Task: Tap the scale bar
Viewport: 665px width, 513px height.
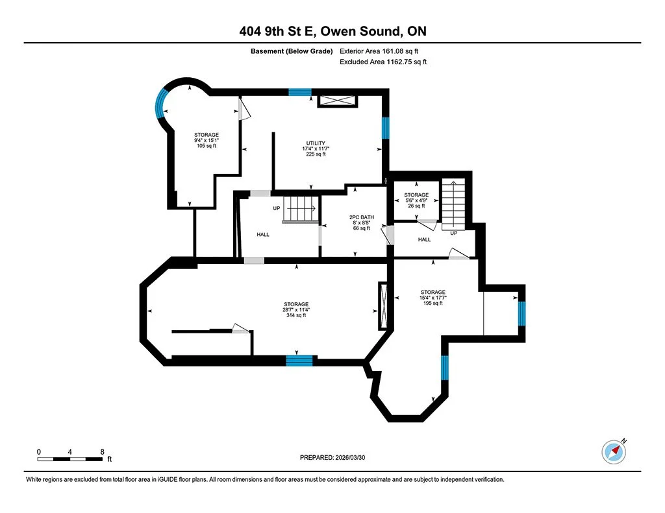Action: (69, 459)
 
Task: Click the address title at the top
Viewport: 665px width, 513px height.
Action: (332, 32)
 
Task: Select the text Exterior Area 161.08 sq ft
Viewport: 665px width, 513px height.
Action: (383, 51)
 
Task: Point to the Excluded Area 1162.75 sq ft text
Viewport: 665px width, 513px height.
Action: (383, 62)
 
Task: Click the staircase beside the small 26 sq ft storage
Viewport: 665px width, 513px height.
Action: (454, 202)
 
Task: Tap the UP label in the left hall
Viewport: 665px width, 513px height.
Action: (276, 209)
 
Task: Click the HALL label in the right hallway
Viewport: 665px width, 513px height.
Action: (424, 239)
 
